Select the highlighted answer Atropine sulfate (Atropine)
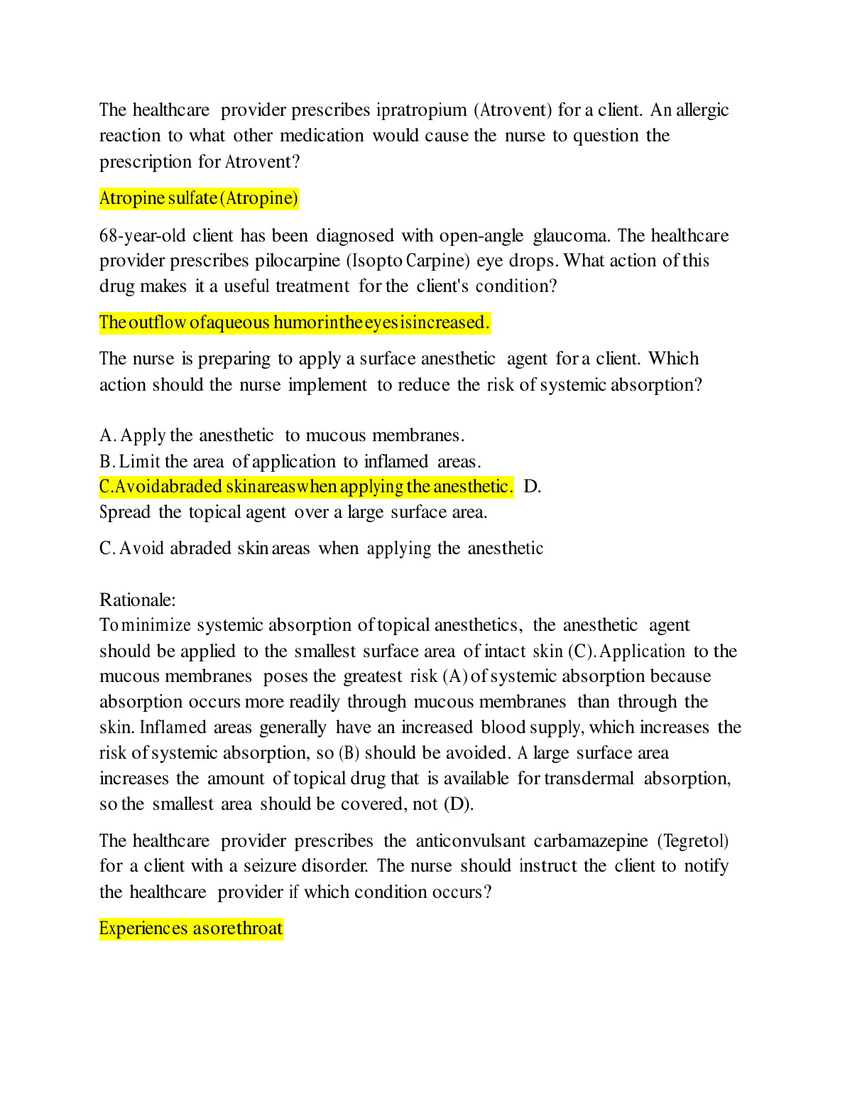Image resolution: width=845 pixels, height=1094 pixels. [199, 198]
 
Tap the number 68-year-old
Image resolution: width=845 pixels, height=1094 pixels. [143, 236]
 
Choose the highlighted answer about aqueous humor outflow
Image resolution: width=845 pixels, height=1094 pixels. [294, 323]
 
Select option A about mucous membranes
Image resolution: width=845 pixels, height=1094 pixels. [282, 435]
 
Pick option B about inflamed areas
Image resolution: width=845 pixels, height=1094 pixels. [290, 462]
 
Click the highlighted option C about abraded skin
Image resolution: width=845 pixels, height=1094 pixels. [305, 487]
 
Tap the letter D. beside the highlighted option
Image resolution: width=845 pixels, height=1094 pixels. [532, 487]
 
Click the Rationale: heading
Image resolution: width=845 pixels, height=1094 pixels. [138, 600]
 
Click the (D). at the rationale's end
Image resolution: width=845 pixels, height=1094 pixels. [459, 804]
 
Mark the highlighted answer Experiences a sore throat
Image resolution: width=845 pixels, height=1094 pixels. [191, 929]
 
